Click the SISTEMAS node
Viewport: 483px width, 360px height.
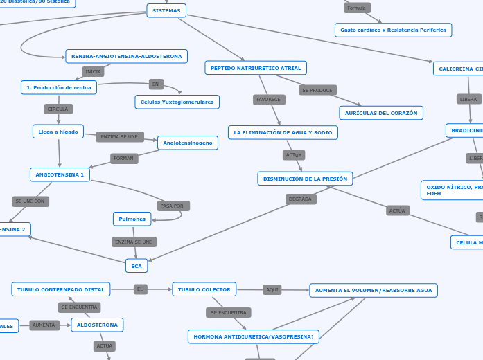click(x=166, y=10)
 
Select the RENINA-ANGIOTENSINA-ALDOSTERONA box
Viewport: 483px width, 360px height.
click(x=127, y=56)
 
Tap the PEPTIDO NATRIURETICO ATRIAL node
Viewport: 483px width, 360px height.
click(x=256, y=68)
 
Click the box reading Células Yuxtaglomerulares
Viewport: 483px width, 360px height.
click(x=177, y=102)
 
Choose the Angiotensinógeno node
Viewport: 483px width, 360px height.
click(x=188, y=143)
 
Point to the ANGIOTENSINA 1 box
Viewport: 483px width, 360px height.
click(x=60, y=174)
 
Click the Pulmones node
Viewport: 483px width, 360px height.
click(x=132, y=219)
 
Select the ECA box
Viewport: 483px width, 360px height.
click(x=137, y=266)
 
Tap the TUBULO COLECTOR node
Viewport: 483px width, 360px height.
click(x=204, y=289)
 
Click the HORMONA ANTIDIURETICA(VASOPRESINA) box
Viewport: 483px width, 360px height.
click(x=254, y=336)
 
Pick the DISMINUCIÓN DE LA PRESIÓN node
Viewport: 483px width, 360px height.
click(x=305, y=179)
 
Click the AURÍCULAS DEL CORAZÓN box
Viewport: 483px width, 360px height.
click(x=381, y=112)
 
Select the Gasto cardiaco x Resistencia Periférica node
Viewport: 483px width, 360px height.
click(x=393, y=30)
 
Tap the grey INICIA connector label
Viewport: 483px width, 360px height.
click(x=93, y=71)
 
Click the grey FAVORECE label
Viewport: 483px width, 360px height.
click(x=269, y=100)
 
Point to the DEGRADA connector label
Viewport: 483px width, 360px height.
click(x=301, y=199)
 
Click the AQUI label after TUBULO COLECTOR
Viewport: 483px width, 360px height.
click(x=272, y=289)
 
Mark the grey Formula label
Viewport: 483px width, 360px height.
click(x=357, y=8)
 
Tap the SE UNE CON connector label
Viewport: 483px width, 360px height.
click(x=30, y=201)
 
